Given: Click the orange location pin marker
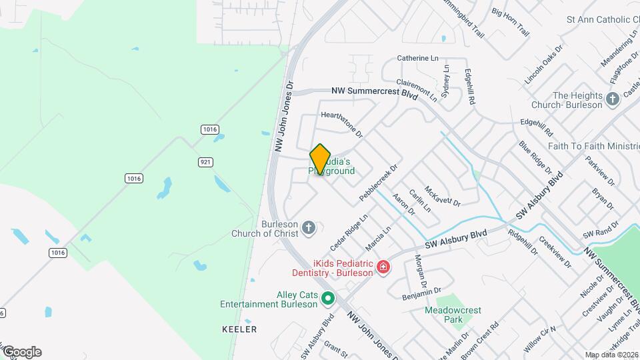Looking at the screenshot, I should coord(321,159).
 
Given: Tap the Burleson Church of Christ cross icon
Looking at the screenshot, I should coord(308,228).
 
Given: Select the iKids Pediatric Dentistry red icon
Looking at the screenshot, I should coord(383,267).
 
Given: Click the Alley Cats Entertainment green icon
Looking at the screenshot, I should coord(327,298).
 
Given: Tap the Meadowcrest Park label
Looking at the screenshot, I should coord(453,315).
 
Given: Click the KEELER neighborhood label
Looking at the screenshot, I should coord(239,329).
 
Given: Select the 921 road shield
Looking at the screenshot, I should coord(206,162).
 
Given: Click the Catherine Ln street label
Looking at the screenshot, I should coord(417,58).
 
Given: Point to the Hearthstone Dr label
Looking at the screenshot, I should coord(341,124).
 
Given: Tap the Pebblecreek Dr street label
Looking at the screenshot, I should coord(378,183).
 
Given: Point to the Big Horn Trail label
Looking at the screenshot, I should coord(510,22).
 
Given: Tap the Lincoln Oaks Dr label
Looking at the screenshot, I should coord(543,64).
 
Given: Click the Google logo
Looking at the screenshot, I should coord(21,351).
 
